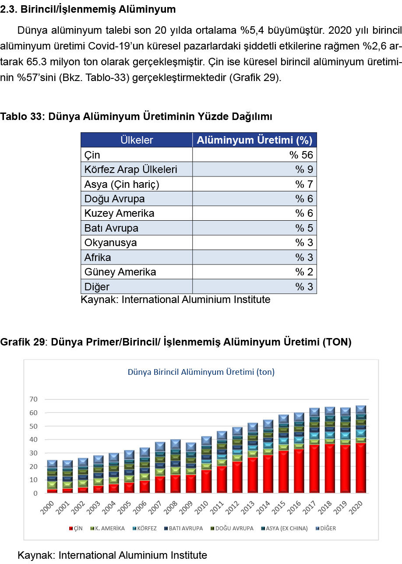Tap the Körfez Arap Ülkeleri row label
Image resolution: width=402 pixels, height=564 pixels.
point(130,169)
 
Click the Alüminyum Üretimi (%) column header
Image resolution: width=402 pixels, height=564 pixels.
point(254,140)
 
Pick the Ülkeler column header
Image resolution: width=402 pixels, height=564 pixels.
point(137,140)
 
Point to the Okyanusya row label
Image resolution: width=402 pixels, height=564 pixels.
point(110,243)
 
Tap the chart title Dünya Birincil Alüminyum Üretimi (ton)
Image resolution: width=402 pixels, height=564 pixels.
point(201,372)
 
